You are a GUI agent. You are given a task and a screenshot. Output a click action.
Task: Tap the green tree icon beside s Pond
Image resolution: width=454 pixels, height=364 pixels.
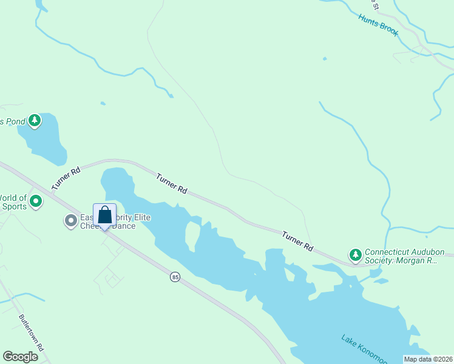click(35, 120)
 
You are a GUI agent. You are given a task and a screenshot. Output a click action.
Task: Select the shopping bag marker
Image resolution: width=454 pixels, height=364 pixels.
click(104, 215)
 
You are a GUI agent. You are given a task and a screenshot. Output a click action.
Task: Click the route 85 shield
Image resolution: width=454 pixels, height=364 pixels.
click(175, 277)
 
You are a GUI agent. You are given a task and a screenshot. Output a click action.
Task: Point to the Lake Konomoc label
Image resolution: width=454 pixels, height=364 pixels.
click(364, 349)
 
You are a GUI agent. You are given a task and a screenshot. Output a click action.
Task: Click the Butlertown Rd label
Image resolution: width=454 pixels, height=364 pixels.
click(32, 332)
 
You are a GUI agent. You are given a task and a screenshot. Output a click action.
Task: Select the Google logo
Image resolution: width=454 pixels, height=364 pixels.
click(21, 357)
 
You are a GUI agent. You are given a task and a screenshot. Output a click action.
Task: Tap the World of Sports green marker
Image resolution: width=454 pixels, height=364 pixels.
click(36, 200)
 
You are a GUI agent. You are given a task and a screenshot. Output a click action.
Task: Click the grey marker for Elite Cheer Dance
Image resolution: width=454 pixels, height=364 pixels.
click(71, 221)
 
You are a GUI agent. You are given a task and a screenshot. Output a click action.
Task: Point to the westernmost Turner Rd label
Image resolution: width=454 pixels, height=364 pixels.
click(66, 180)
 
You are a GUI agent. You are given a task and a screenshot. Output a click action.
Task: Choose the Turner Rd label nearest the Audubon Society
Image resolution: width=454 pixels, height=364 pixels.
click(297, 241)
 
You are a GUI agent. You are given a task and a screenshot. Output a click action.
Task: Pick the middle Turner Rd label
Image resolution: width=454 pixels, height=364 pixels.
click(171, 184)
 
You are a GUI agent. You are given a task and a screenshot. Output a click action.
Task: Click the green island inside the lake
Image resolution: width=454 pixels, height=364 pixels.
click(192, 237)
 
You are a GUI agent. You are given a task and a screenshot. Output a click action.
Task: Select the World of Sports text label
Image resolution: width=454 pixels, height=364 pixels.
click(13, 202)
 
